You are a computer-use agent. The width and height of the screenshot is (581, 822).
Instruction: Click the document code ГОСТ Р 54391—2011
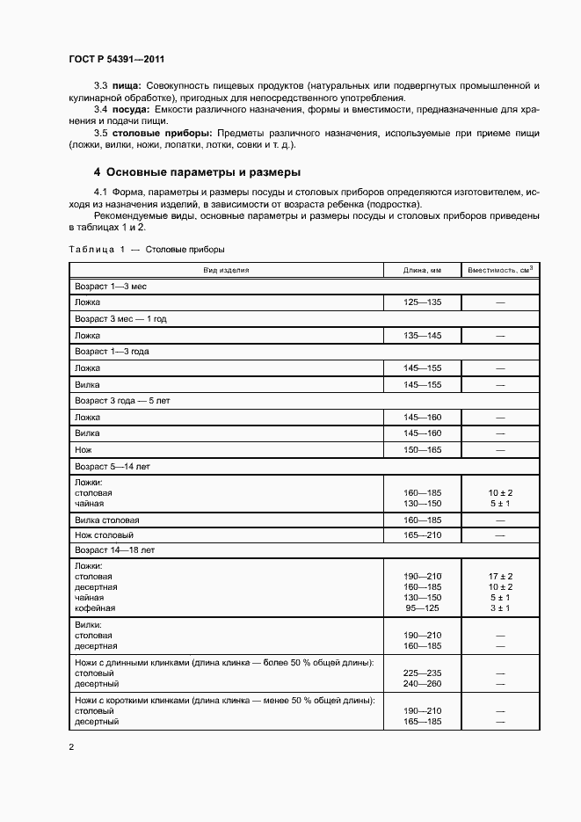117,60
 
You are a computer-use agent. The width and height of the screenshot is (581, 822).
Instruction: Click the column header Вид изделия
227,270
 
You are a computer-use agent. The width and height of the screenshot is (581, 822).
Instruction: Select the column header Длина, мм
422,270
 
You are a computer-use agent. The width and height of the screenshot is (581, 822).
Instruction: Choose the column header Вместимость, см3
500,270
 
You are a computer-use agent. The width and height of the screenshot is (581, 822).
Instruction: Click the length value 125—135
422,302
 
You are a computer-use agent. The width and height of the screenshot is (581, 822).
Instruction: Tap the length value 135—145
422,335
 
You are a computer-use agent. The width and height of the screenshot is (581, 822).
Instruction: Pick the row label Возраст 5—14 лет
109,466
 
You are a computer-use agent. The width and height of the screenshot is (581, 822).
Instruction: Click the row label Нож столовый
104,535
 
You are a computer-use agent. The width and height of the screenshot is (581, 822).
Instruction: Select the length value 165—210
422,535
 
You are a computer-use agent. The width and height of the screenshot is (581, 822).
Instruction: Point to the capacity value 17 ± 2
500,576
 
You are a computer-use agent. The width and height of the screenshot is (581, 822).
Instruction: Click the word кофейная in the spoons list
95,607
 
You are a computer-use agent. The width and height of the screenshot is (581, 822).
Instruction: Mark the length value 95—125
422,607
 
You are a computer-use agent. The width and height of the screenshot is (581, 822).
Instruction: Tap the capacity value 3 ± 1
500,607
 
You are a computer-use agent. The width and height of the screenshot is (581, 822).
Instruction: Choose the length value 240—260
422,683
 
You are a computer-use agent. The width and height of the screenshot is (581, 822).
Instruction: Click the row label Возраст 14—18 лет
111,549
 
